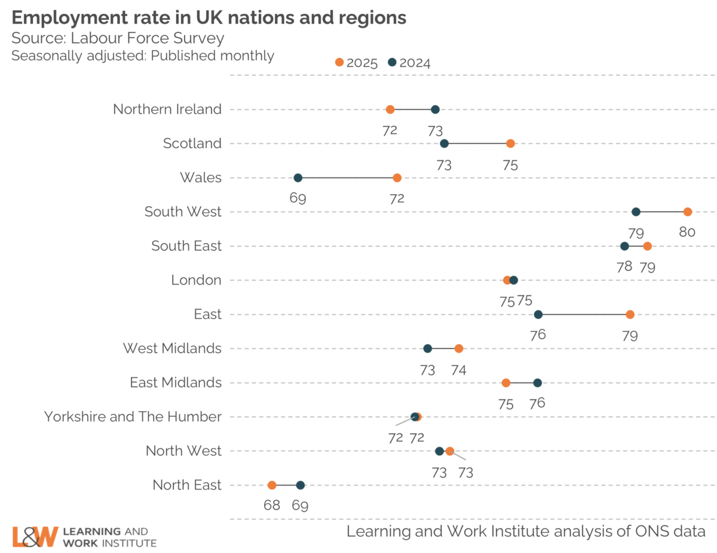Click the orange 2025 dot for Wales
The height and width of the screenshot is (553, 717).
click(x=397, y=178)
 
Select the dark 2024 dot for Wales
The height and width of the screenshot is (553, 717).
click(x=298, y=178)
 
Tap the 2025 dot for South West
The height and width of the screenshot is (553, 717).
click(x=688, y=212)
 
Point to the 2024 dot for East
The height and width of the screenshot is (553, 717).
click(x=538, y=314)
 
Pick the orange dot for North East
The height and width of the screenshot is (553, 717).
click(x=272, y=485)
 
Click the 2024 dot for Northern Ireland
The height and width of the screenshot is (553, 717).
click(x=435, y=109)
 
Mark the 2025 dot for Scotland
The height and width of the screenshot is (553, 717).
click(x=510, y=143)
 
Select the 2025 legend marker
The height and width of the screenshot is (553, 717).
click(x=339, y=62)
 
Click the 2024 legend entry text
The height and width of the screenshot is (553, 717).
click(x=415, y=63)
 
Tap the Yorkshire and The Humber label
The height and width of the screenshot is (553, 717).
click(x=133, y=417)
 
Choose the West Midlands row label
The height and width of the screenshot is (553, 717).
click(x=172, y=348)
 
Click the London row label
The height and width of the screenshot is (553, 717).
click(x=196, y=280)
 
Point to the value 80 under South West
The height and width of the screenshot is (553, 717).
click(x=687, y=232)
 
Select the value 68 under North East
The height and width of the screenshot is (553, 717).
click(x=272, y=505)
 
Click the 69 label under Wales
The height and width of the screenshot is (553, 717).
click(x=298, y=198)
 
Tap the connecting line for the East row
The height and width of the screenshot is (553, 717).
click(x=584, y=314)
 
